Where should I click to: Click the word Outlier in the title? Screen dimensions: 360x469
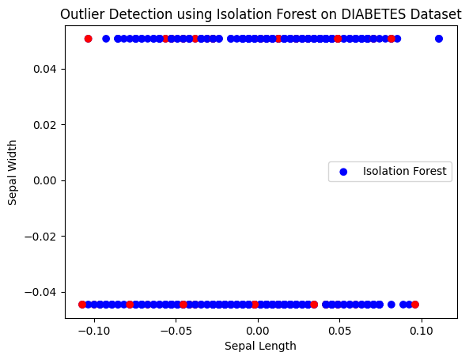click(x=81, y=13)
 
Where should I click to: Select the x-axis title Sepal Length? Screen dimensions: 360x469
click(x=260, y=346)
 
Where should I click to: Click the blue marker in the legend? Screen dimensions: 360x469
click(x=342, y=171)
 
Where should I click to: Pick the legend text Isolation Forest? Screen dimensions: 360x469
click(x=404, y=171)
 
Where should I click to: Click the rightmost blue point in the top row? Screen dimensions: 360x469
click(x=439, y=39)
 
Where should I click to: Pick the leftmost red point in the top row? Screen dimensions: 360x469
click(x=88, y=39)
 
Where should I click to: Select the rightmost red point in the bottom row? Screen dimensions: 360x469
click(x=415, y=305)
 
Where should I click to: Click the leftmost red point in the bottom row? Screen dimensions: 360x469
click(x=82, y=305)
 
